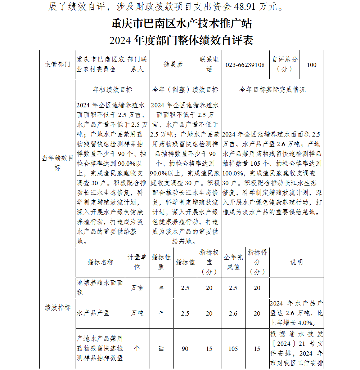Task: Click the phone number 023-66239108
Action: tap(245, 65)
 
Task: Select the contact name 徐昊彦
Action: tap(173, 65)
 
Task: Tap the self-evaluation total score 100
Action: tap(311, 65)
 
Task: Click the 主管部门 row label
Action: tap(58, 65)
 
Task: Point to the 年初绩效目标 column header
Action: tap(112, 90)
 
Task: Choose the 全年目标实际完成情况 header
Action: tap(272, 90)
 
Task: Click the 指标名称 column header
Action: tap(100, 262)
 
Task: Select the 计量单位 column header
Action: tap(137, 262)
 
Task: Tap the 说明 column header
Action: tap(296, 262)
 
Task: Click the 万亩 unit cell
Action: tap(137, 288)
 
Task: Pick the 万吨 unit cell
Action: tap(137, 313)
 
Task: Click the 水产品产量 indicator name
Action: tap(93, 313)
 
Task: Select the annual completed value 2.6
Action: tap(233, 313)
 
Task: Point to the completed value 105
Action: tap(233, 349)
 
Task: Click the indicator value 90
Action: tap(185, 349)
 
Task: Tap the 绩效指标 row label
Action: tap(58, 308)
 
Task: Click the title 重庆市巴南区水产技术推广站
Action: tap(181, 24)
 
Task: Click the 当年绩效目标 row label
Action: tap(58, 163)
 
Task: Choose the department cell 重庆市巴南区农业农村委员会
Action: tap(100, 65)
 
